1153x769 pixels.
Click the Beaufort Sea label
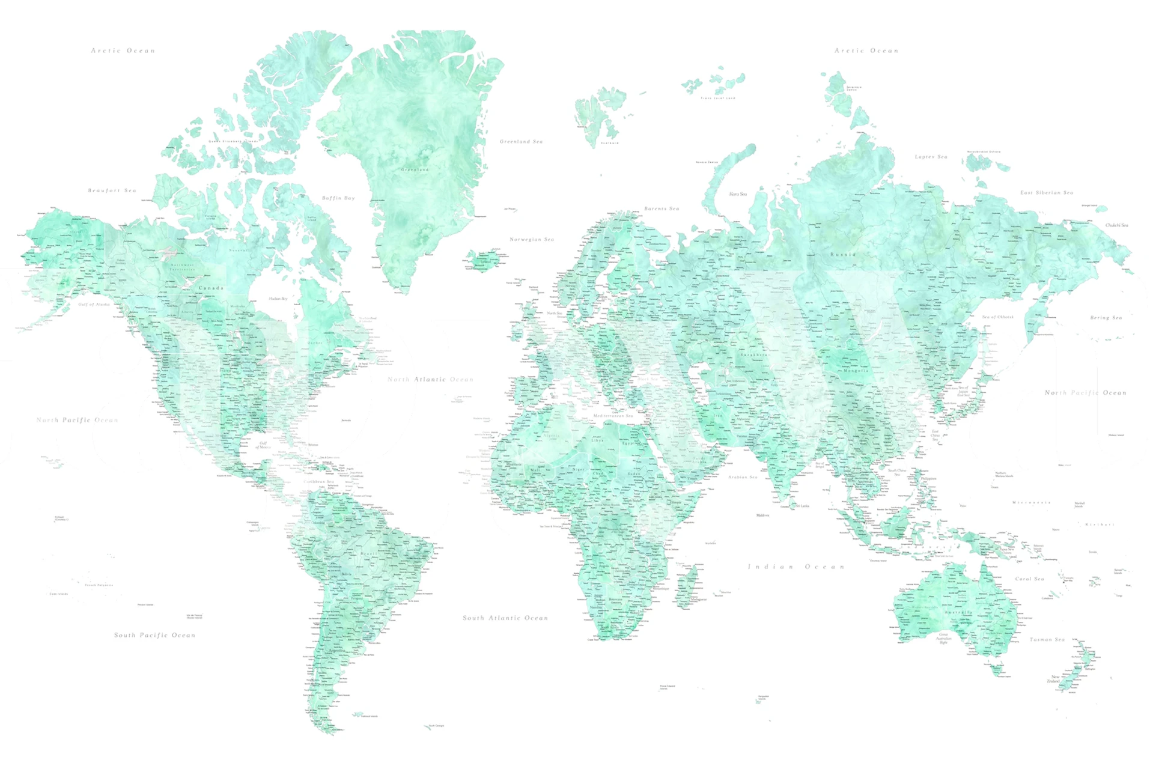tap(112, 190)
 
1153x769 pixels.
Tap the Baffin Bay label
tap(338, 198)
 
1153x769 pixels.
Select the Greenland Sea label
tap(521, 142)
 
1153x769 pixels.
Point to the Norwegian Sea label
tap(532, 239)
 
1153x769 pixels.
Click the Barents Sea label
tap(662, 208)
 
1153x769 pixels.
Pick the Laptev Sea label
tap(931, 157)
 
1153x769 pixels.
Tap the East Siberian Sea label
tap(1046, 193)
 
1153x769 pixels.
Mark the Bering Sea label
tap(1106, 318)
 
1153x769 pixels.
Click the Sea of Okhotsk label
tap(997, 317)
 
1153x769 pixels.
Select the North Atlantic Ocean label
tap(430, 380)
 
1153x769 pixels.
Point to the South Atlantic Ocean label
tap(505, 618)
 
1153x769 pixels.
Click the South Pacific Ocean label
tap(154, 635)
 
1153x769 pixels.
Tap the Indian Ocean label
tap(796, 567)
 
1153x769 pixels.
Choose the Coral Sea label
tap(1029, 579)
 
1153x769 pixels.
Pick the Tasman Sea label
tap(1047, 640)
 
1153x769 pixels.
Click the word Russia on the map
tap(842, 255)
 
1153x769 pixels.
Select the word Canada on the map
tap(211, 288)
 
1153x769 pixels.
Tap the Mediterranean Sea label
tap(613, 416)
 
